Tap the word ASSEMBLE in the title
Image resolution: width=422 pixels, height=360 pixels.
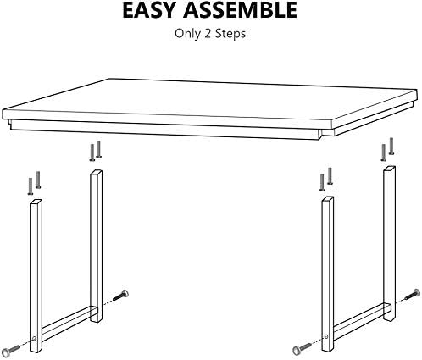tap(240, 10)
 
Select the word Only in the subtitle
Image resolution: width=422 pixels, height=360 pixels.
tap(187, 34)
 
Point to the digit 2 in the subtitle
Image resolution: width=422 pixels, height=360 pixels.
tap(208, 33)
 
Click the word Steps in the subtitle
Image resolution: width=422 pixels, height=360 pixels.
tap(230, 34)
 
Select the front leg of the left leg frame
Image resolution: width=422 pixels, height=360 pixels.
tap(36, 276)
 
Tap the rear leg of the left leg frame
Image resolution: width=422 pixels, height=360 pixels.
tap(96, 246)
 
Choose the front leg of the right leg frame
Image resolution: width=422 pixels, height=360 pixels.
tap(327, 274)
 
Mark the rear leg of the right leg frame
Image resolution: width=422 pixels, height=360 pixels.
tap(389, 243)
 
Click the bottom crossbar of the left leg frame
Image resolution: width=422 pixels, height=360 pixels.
tap(66, 322)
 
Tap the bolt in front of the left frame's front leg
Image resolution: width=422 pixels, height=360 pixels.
tap(12, 350)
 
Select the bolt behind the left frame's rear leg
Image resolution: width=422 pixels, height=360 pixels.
tap(121, 295)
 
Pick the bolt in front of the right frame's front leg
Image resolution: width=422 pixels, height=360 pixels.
tap(302, 348)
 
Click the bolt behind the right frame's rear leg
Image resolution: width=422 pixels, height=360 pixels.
tap(413, 294)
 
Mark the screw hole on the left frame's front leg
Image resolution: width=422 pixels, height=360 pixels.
tap(35, 338)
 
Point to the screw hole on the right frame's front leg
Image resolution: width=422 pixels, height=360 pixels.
tap(326, 336)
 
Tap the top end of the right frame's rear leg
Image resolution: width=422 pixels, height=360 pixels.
tap(390, 169)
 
